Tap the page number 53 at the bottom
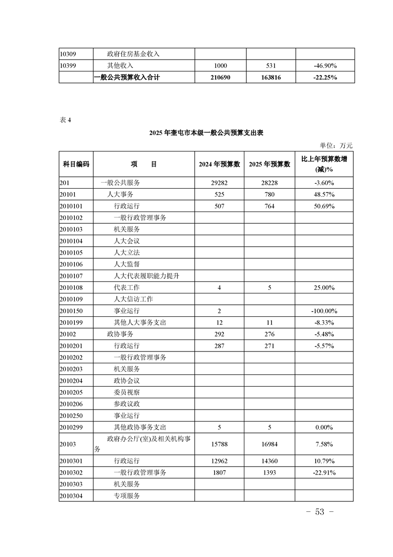coord(319,512)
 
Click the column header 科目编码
coord(76,164)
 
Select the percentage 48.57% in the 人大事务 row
coord(324,194)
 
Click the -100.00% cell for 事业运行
coord(324,311)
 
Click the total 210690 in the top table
coord(221,77)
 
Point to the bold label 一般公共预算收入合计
coord(127,77)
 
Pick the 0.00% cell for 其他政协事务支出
coord(324,427)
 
